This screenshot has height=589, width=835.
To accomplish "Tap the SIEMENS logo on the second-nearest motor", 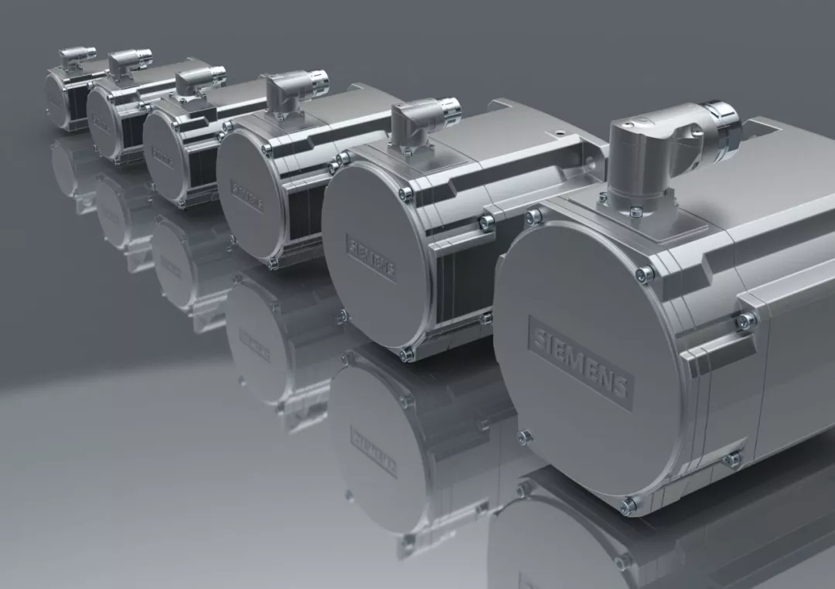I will click(x=370, y=257).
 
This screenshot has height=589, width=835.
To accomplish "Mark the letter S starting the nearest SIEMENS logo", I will click(x=538, y=334).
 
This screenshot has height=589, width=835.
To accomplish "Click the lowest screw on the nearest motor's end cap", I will click(x=627, y=506).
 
